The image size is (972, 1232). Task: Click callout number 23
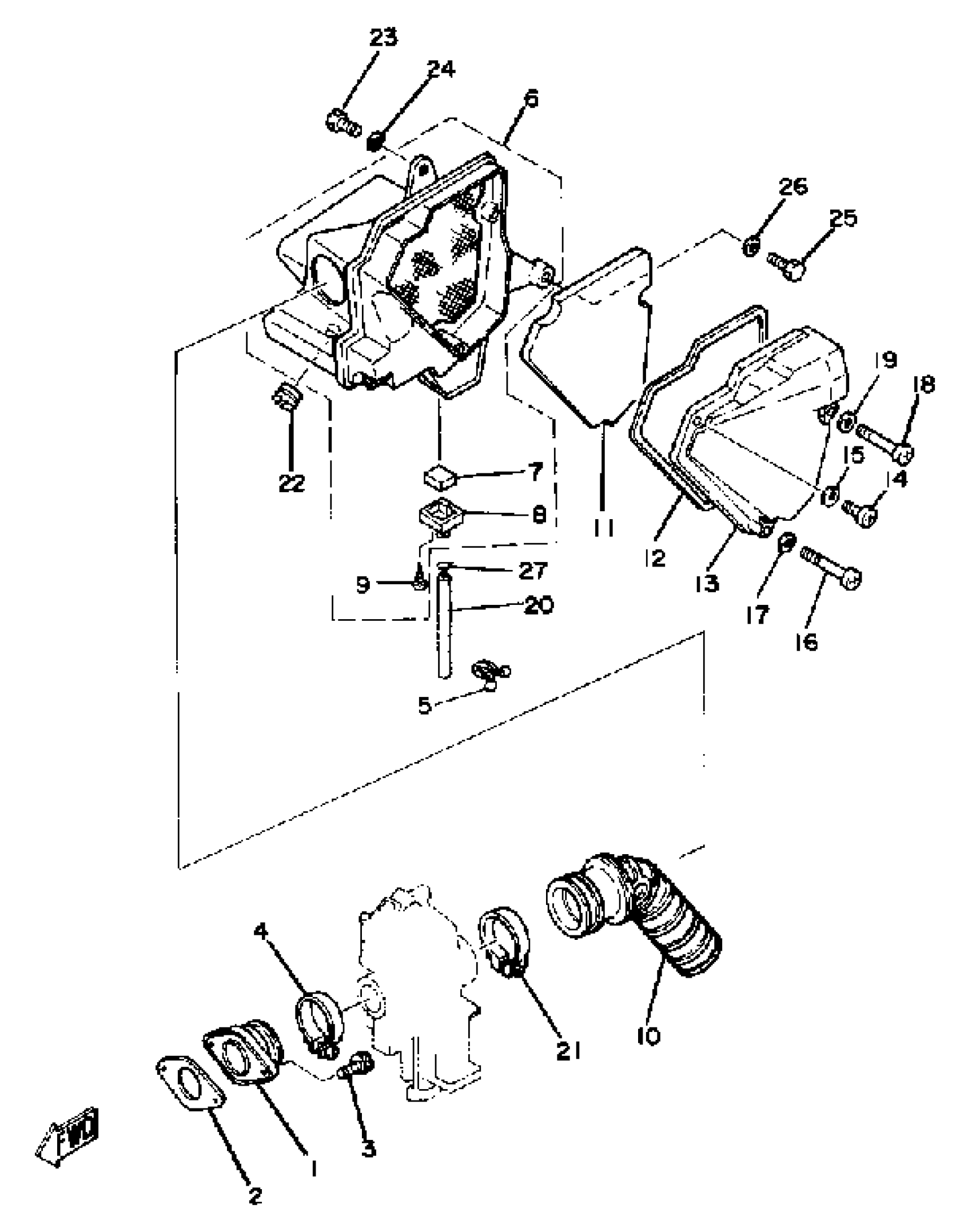383,38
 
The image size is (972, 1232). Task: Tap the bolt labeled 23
342,122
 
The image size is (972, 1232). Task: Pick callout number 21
568,1050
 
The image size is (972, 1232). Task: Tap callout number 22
292,483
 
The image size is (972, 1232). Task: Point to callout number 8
539,515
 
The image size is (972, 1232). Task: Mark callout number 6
531,99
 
